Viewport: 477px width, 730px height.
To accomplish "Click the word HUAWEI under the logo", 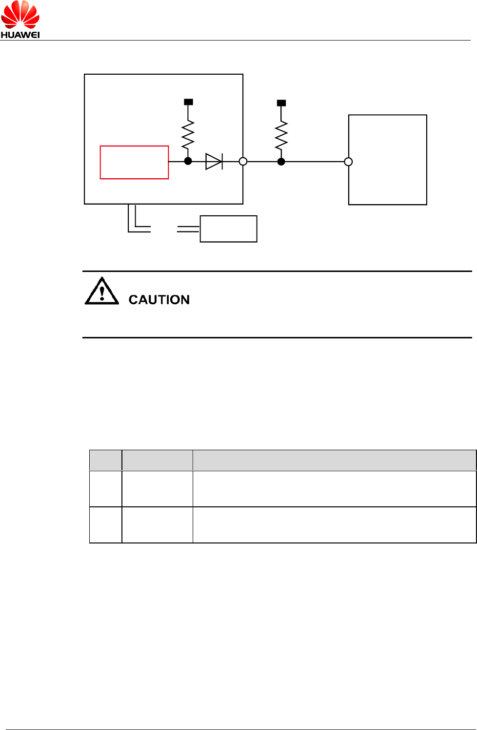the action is (20, 35).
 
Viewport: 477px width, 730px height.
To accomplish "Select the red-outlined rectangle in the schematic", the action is (134, 162).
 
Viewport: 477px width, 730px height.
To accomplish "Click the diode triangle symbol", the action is (214, 162).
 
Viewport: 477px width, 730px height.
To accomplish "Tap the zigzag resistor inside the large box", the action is (188, 135).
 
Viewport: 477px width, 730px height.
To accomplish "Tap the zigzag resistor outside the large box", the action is (281, 136).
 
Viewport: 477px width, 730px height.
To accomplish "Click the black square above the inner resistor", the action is (188, 102).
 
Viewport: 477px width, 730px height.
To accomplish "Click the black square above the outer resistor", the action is (281, 103).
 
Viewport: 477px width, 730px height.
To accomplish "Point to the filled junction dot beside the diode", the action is (188, 161).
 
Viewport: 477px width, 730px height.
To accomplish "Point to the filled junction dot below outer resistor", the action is (281, 162).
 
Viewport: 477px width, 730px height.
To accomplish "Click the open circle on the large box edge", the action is (243, 162).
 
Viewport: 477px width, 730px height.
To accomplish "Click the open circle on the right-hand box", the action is (348, 162).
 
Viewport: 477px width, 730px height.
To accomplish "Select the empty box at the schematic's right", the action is (388, 160).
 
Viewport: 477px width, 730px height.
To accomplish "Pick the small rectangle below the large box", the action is (228, 229).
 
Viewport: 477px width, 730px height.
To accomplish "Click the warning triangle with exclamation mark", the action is (101, 292).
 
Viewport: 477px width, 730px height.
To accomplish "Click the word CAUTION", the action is (159, 300).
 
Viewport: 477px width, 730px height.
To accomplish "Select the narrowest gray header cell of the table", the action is (105, 460).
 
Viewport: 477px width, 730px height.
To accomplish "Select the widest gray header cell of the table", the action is (334, 460).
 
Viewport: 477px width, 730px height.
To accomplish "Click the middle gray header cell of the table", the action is (157, 460).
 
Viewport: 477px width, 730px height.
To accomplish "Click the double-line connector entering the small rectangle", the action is (188, 229).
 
